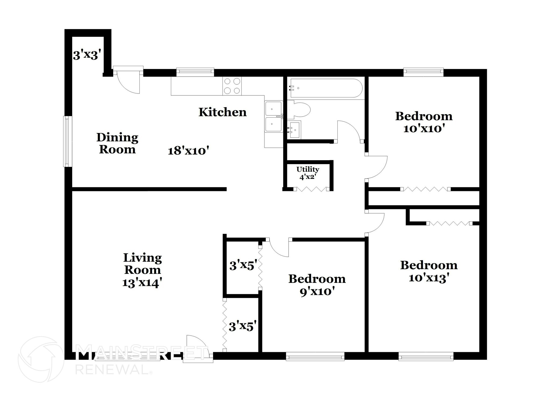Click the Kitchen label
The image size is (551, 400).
pyautogui.click(x=222, y=112)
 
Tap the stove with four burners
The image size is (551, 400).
pyautogui.click(x=232, y=86)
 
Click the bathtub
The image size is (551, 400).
pyautogui.click(x=325, y=88)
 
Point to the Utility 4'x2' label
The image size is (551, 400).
pyautogui.click(x=308, y=173)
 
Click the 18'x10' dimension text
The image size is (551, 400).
pyautogui.click(x=188, y=151)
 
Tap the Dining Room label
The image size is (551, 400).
pyautogui.click(x=117, y=143)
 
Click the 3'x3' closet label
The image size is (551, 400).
pyautogui.click(x=87, y=55)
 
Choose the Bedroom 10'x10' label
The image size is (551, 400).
pyautogui.click(x=424, y=122)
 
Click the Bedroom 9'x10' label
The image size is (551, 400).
pyautogui.click(x=317, y=285)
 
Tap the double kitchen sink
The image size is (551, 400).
pyautogui.click(x=274, y=117)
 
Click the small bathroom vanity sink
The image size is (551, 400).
pyautogui.click(x=294, y=130)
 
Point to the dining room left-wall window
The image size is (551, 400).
pyautogui.click(x=68, y=141)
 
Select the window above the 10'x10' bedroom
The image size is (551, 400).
pyautogui.click(x=423, y=71)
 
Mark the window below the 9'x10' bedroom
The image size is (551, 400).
pyautogui.click(x=315, y=357)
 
